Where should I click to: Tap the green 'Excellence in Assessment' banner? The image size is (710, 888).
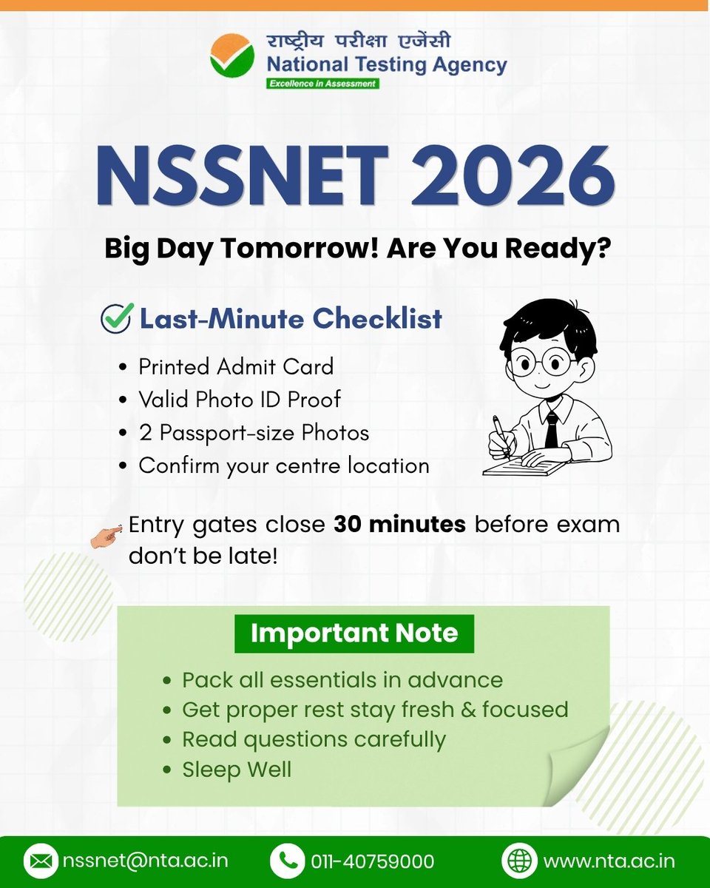click(322, 84)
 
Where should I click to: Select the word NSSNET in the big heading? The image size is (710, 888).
click(243, 178)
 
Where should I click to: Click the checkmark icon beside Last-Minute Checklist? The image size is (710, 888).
click(118, 318)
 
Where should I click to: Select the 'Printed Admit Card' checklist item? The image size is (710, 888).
click(236, 366)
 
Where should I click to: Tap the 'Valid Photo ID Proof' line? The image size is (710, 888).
click(240, 400)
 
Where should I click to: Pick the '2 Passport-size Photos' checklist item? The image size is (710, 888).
click(254, 433)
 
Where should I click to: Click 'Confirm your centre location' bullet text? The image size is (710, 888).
click(284, 465)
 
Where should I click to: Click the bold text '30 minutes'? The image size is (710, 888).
click(399, 525)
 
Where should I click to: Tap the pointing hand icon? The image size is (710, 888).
click(106, 533)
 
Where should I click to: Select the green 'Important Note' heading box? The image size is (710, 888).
click(354, 633)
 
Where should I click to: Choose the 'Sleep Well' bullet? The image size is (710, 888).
click(237, 769)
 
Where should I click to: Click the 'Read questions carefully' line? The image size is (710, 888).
click(314, 739)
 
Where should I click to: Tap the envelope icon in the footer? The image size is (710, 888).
click(41, 861)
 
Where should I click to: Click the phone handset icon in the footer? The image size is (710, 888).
click(287, 861)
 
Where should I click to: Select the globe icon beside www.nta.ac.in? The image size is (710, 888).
click(519, 861)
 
